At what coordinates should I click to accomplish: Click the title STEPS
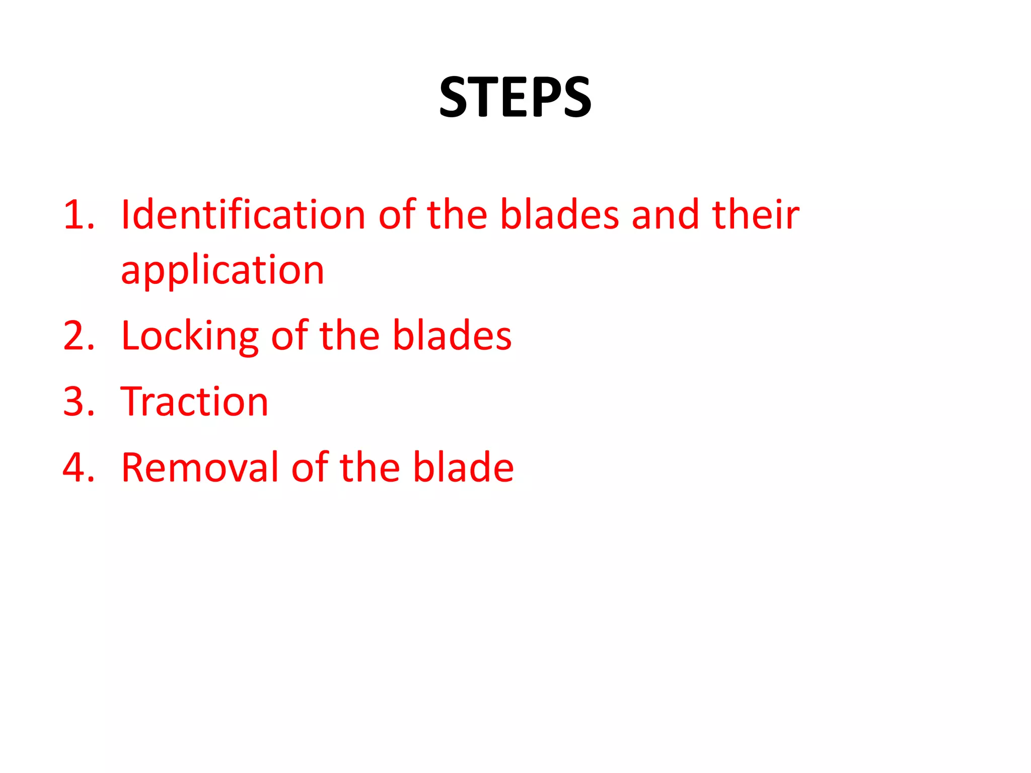515,97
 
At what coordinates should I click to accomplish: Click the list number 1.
78,215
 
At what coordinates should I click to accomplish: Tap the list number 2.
79,336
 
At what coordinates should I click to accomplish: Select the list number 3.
79,402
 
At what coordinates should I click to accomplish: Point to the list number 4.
79,468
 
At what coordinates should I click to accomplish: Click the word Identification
243,214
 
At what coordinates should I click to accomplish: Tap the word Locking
190,336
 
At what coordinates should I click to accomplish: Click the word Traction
194,402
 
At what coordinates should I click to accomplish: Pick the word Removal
200,468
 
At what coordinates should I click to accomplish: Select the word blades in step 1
559,214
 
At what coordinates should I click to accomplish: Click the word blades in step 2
452,335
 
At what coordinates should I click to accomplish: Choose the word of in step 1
397,214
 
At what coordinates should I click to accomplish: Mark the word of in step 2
289,335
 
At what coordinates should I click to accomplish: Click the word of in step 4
310,468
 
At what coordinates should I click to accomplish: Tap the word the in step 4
370,468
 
